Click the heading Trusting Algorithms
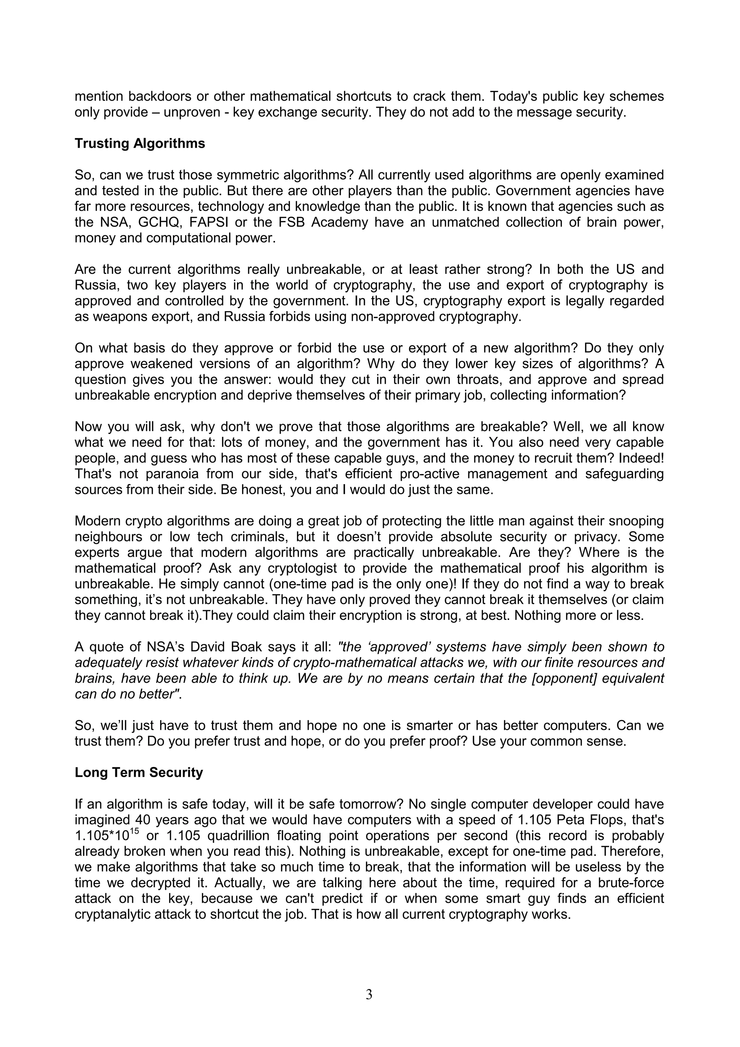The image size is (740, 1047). point(139,144)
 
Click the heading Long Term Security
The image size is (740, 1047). point(139,772)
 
